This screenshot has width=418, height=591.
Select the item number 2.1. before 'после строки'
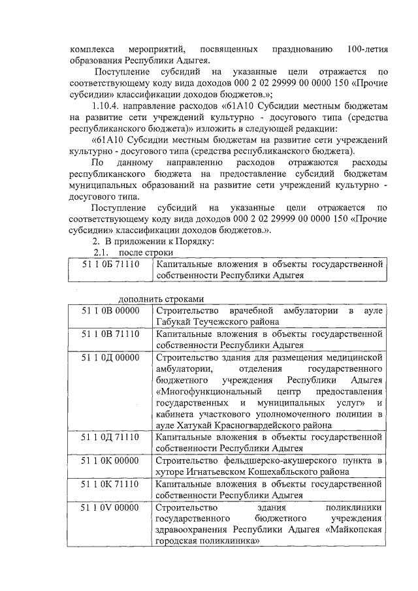105,253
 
